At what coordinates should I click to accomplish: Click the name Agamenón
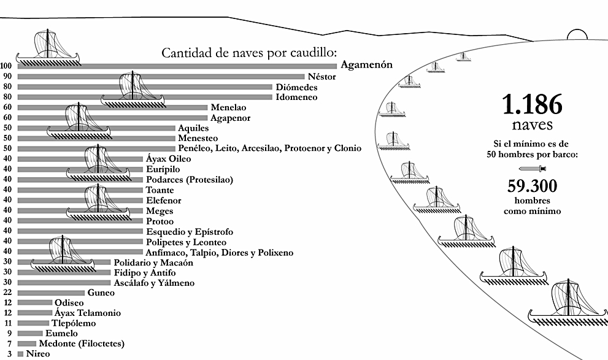[366, 65]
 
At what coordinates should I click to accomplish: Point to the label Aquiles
[193, 128]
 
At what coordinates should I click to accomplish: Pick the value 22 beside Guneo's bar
[7, 293]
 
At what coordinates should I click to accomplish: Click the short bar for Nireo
[20, 354]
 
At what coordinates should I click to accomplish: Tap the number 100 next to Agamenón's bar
[7, 66]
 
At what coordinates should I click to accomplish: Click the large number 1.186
[531, 105]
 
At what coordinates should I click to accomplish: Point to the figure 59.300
[531, 185]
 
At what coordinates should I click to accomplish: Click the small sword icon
[531, 169]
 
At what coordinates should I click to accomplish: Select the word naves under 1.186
[531, 126]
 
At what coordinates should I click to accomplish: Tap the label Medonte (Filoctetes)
[82, 343]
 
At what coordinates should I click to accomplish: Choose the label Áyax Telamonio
[88, 313]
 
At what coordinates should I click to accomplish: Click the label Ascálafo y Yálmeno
[153, 283]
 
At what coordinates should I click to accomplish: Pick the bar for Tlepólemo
[33, 323]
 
